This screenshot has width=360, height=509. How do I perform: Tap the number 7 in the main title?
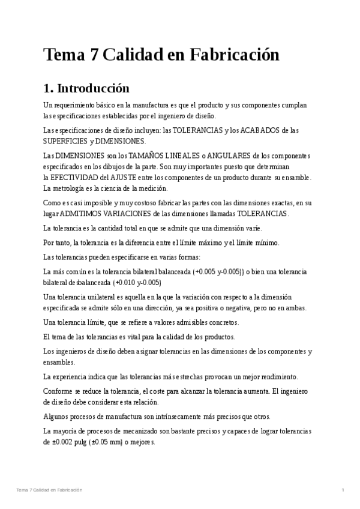(93, 55)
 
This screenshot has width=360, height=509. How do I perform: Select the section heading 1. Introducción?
(86, 89)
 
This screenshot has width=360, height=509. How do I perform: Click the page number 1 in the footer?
(342, 490)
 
